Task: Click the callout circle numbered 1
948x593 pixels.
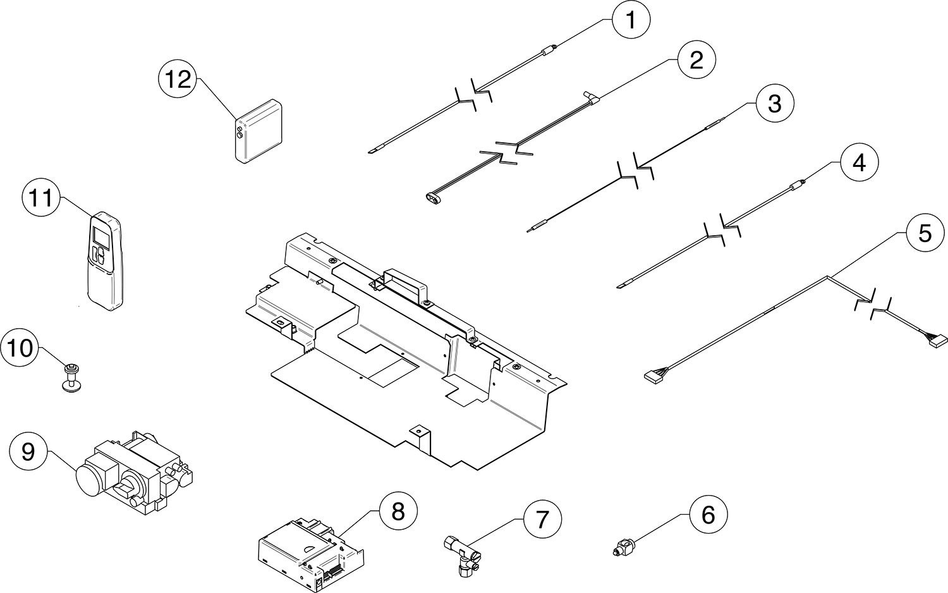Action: [631, 20]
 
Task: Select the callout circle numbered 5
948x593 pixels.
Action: [925, 233]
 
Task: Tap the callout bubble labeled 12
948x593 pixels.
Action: [178, 80]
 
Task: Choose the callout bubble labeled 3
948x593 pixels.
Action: [774, 104]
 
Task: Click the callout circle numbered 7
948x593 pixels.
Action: [542, 519]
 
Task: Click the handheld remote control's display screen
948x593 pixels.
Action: [100, 236]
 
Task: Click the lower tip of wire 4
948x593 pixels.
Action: [618, 287]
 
